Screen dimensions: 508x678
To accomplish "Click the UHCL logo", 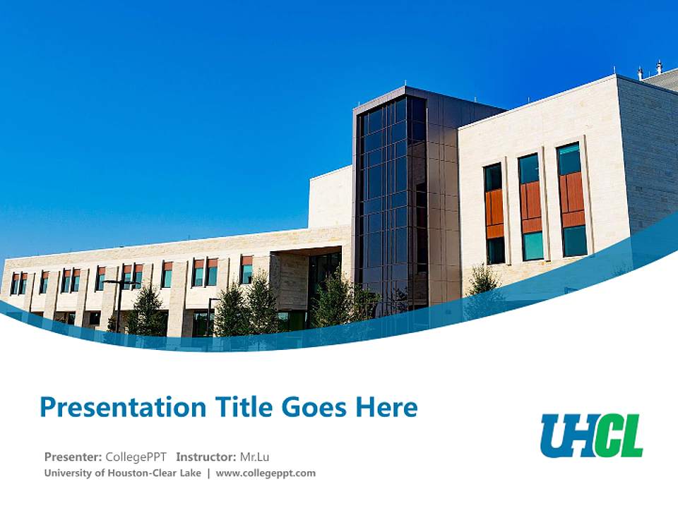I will point(592,435).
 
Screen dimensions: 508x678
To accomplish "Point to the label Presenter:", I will point(73,456).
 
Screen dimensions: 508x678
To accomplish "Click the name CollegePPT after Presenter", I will point(136,456).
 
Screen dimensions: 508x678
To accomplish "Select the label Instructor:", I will point(206,456).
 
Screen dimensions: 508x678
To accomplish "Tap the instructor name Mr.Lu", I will point(255,456).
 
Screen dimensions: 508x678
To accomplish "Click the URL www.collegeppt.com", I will point(266,473).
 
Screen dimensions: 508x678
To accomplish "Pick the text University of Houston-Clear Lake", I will point(123,473).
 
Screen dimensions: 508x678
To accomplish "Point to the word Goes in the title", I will point(314,408).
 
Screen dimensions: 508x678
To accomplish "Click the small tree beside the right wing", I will point(484,282).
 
